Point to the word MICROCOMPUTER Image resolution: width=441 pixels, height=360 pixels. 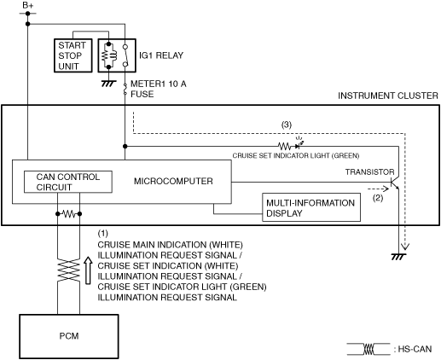(x=173, y=181)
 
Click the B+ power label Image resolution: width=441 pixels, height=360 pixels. (x=28, y=5)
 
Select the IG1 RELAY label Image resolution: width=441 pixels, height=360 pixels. (x=161, y=55)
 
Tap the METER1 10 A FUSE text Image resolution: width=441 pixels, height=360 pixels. (x=158, y=89)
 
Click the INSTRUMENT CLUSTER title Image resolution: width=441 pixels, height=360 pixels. (x=388, y=96)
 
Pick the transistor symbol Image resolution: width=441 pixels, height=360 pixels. (x=395, y=183)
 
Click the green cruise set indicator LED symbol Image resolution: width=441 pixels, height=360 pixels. (x=299, y=145)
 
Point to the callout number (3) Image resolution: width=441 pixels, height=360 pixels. (x=287, y=125)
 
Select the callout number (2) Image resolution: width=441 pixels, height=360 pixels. (x=378, y=198)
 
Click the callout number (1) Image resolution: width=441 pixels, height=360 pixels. (x=103, y=233)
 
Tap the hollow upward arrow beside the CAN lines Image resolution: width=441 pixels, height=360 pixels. (x=89, y=270)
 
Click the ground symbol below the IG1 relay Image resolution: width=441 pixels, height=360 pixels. (x=108, y=84)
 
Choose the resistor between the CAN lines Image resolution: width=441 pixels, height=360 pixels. (x=69, y=213)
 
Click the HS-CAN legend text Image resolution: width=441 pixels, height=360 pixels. (x=415, y=349)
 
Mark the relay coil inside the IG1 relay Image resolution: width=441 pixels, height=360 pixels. (x=109, y=55)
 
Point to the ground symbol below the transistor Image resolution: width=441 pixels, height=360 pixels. (x=398, y=257)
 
